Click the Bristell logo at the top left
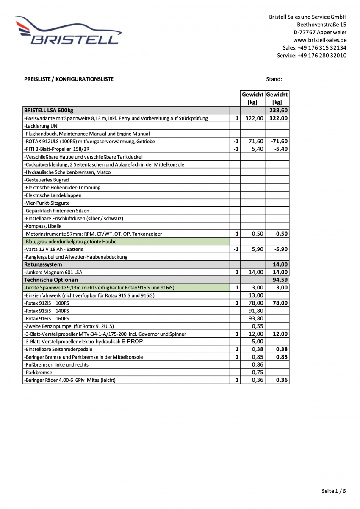(68, 31)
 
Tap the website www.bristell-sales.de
(320, 40)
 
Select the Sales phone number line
(314, 47)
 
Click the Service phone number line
(311, 55)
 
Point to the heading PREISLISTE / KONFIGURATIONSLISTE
(69, 79)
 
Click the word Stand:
(274, 79)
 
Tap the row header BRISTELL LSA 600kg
(49, 110)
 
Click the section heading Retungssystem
(43, 264)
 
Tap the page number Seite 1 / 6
(334, 491)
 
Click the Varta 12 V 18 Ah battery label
(54, 249)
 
